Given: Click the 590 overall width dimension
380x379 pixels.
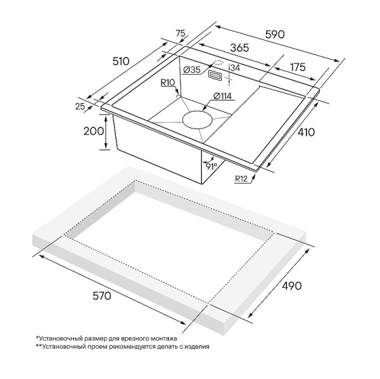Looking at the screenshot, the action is (275, 34).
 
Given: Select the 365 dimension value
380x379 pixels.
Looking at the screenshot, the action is (239, 47).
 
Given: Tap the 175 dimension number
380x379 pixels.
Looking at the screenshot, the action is (298, 67).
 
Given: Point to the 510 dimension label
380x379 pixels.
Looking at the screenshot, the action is (121, 61).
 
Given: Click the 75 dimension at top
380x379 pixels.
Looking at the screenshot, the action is (180, 34).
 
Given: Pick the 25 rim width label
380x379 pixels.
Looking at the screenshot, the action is (80, 106).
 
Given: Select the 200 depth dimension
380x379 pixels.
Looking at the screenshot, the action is (94, 131).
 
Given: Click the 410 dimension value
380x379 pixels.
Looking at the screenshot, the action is (306, 132).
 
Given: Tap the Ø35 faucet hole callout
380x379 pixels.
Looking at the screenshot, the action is (192, 70).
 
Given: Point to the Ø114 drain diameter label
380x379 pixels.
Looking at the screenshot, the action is (222, 96).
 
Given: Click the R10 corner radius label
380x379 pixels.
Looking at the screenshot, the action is (168, 83).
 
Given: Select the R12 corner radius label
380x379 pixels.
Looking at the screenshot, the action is (241, 178).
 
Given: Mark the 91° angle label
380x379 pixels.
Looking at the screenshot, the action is (212, 166).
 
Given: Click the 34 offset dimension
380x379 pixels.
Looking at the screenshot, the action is (235, 68).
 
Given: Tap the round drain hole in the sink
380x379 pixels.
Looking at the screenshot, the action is (198, 120).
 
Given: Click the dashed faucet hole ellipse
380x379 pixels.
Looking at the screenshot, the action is (218, 63).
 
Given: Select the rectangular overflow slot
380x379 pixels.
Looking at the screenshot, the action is (215, 75).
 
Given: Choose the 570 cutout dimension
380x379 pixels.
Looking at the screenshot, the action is (102, 295).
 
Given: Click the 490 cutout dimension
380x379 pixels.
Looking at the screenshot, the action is (291, 286).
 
